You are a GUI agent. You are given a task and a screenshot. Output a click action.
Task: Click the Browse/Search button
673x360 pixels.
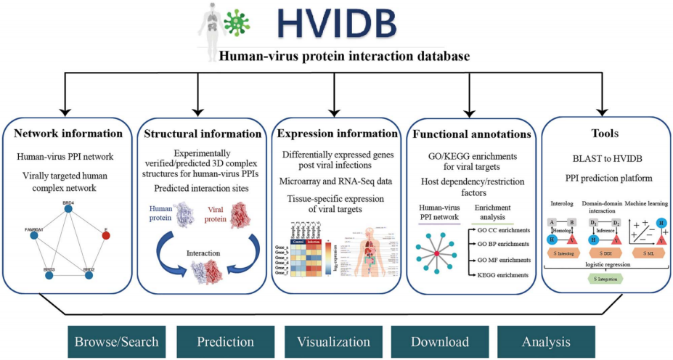pos(116,340)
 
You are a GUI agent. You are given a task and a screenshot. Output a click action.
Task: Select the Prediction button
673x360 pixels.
pos(224,340)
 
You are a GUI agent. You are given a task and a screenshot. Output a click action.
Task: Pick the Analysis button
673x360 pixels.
pos(544,340)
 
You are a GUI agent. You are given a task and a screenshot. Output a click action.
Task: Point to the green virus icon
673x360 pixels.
pos(236,22)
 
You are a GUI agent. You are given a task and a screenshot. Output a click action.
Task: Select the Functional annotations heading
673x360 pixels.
pos(472,134)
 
